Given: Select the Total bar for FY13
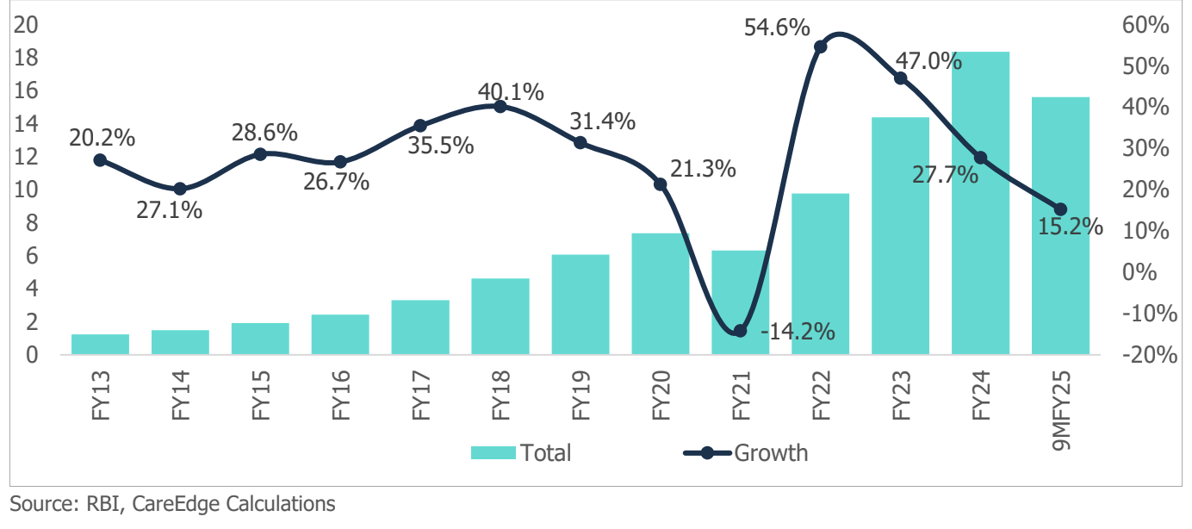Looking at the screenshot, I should coord(100,344).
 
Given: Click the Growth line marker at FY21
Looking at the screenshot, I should coord(740,331).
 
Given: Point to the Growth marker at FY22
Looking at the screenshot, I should coord(820,47).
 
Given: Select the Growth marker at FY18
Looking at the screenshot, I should coord(500,106).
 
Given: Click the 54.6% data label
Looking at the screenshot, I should coord(778,28).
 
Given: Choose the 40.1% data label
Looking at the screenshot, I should coord(512,90).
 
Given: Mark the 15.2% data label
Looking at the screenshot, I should coord(1071,227).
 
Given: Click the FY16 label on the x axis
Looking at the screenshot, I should coord(340,397).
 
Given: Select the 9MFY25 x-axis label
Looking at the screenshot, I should coord(1060,408).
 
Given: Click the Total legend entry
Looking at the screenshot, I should coord(520,452).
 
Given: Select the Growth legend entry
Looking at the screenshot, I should coord(746,452).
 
